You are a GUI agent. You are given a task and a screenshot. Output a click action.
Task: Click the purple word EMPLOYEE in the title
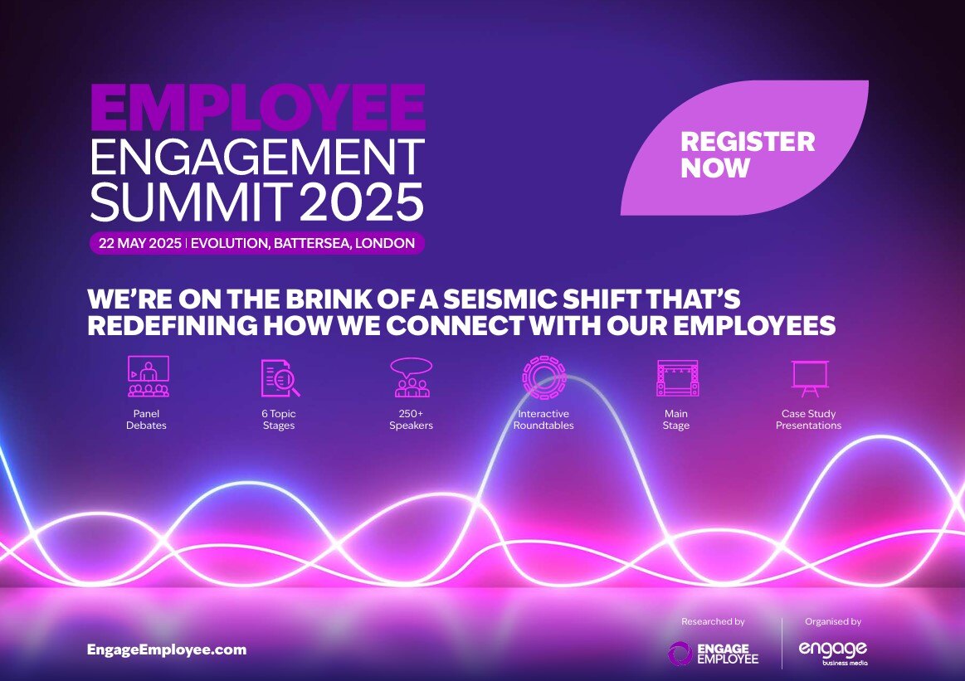pos(257,109)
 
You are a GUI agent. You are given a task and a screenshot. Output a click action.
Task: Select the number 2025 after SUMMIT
pos(361,202)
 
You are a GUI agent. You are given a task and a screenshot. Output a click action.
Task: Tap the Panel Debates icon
pos(148,377)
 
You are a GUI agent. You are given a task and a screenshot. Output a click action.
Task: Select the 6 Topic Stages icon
pos(280,377)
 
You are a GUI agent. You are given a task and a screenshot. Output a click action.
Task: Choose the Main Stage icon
pos(677,377)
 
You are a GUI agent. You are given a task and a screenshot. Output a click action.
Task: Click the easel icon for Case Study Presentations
pos(809,377)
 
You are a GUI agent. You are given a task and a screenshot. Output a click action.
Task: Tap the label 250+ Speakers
pos(412,420)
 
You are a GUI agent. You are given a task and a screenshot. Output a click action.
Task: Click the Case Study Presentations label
pos(809,420)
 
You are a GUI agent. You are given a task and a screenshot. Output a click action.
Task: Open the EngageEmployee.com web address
pos(167,649)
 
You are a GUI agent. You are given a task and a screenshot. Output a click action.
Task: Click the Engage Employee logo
pos(713,653)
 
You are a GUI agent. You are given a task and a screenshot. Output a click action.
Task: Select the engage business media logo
pos(833,651)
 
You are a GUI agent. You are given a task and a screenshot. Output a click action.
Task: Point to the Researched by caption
pos(713,621)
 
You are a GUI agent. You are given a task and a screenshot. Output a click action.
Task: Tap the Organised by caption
pos(833,621)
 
